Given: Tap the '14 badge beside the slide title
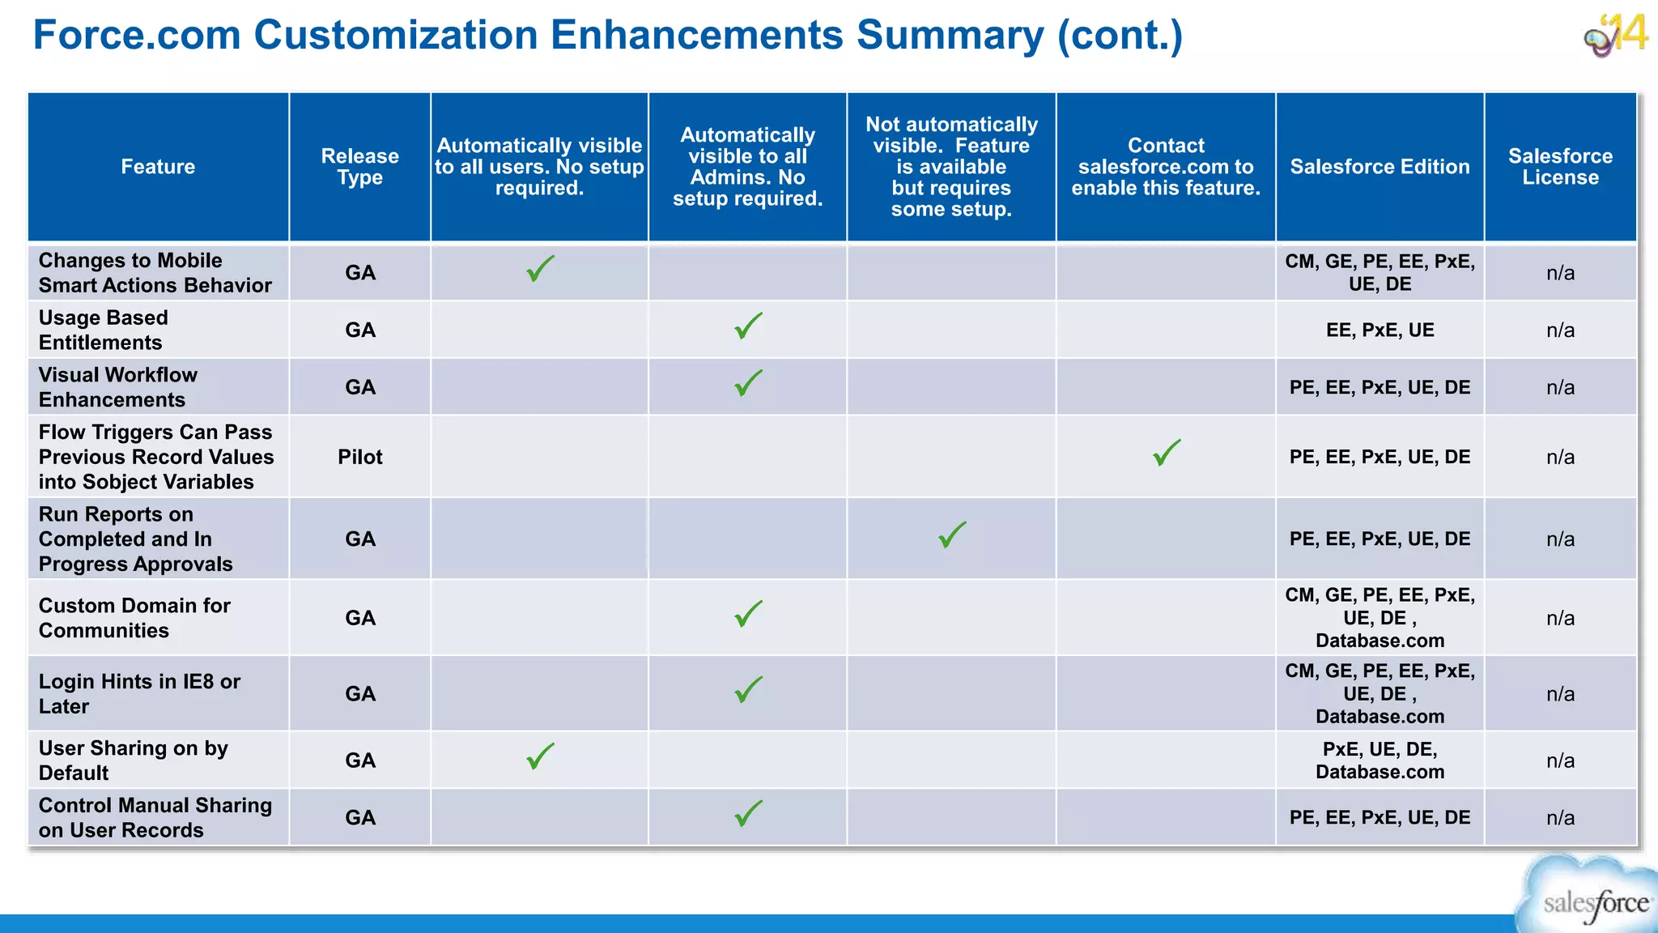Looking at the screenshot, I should click(x=1616, y=35).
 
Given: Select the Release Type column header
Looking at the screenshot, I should click(x=359, y=167).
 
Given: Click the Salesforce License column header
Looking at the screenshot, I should click(x=1560, y=167).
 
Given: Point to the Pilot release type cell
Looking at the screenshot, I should click(x=359, y=457).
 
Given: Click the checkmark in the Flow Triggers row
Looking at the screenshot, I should click(x=1167, y=453).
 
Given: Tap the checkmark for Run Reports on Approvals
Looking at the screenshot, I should click(x=952, y=535).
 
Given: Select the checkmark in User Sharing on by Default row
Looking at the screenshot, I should click(x=540, y=756).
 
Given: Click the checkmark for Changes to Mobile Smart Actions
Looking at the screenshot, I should click(x=540, y=269).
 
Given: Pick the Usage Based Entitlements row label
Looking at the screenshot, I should click(x=103, y=330).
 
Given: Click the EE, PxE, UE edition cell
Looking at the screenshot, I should click(x=1380, y=330).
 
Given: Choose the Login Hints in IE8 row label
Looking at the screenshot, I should click(x=139, y=694).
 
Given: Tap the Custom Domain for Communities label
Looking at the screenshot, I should click(x=134, y=618).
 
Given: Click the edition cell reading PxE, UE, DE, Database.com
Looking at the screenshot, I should click(x=1380, y=760).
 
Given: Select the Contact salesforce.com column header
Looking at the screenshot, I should click(x=1166, y=167).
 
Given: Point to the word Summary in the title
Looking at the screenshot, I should click(x=950, y=35).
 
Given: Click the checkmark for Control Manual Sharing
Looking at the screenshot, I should click(x=748, y=814).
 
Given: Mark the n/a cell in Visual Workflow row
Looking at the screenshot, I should click(x=1560, y=388).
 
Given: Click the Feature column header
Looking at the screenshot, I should click(x=158, y=167).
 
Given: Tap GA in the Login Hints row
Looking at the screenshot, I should click(x=359, y=694).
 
